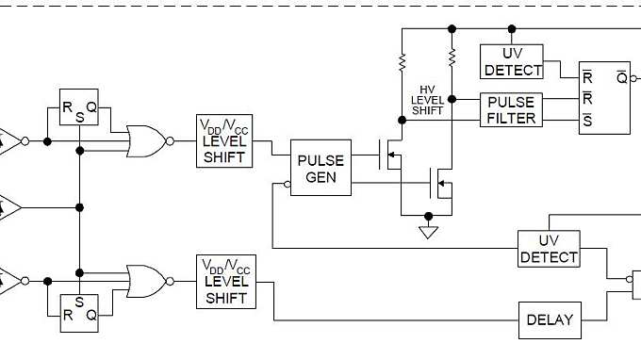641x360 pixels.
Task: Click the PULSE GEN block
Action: [x=320, y=169]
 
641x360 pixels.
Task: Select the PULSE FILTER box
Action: [x=512, y=109]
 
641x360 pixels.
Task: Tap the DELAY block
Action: [x=549, y=319]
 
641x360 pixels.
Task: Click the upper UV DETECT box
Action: [x=512, y=61]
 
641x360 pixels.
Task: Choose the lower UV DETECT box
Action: [x=549, y=248]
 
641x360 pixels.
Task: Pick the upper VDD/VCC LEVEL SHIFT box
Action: [x=225, y=140]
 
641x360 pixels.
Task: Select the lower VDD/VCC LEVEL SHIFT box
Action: [x=225, y=282]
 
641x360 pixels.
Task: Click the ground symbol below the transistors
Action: [x=429, y=231]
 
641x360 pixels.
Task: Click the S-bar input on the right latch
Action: [x=587, y=120]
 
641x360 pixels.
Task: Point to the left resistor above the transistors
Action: [x=403, y=60]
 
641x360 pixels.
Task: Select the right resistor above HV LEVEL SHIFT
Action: [x=452, y=58]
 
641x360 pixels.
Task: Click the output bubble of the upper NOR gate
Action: [x=170, y=140]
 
